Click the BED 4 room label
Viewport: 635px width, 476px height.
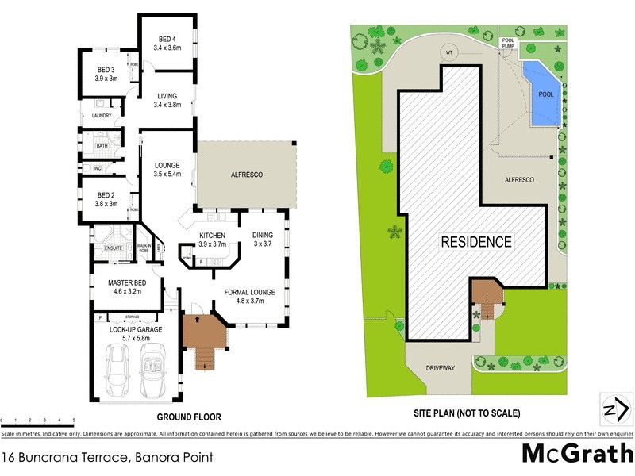tap(166, 40)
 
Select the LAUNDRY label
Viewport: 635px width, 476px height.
tap(101, 116)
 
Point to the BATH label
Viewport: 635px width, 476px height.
tap(102, 146)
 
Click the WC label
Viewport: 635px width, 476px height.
tap(98, 168)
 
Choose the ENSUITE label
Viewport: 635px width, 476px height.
tap(114, 248)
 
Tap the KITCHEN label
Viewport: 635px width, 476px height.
tap(213, 236)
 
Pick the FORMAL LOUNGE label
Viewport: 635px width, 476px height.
tap(250, 292)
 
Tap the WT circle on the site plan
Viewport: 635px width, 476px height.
tap(448, 52)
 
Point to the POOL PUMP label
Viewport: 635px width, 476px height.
tap(508, 44)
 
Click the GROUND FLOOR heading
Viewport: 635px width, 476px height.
tap(189, 416)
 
